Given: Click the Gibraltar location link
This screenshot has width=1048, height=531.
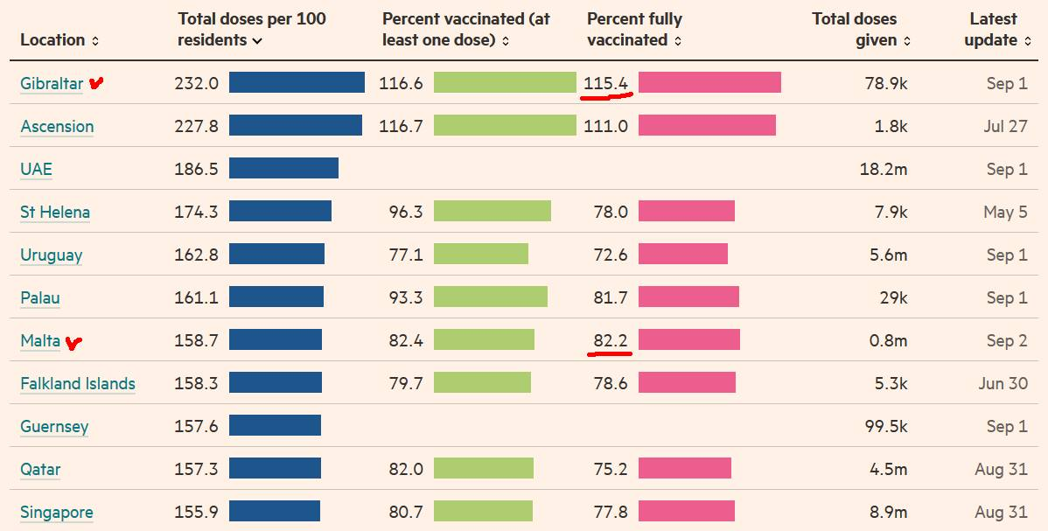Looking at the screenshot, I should coord(52,84).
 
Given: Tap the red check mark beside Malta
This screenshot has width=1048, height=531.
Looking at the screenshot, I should coord(73,342).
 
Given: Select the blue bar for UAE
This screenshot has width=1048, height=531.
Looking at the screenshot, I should coord(283,169).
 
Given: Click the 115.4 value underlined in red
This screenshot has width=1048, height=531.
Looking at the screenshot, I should coord(606,83).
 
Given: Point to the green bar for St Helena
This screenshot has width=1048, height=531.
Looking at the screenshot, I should coord(493,212).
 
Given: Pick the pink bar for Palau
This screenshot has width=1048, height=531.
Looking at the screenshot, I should coord(688,297).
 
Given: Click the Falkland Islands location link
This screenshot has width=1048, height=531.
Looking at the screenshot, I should coord(78,383).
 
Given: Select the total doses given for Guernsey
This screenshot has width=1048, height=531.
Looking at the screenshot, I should coord(883,426).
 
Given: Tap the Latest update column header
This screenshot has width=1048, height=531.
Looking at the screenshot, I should coord(992,29).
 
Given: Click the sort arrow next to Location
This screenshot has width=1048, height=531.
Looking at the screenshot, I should coord(95,41).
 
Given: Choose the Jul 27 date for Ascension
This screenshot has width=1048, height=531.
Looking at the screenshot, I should coord(1005,126).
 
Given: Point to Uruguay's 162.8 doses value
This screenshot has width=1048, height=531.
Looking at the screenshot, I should coord(196,255).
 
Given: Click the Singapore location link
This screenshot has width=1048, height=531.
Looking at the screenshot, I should coord(57,512).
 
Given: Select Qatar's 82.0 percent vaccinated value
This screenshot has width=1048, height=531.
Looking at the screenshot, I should coord(406,469).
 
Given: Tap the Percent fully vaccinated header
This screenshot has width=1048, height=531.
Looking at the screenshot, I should coord(634,29).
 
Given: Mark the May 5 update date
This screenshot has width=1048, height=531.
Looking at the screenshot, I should coord(1005,212).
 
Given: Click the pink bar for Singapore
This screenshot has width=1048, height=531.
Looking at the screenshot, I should coord(687,512).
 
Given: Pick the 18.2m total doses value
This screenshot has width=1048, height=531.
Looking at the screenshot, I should coord(883,169).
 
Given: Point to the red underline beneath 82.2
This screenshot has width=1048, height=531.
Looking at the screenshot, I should coord(611,354).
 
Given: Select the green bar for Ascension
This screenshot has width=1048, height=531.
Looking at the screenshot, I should coord(505,126).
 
